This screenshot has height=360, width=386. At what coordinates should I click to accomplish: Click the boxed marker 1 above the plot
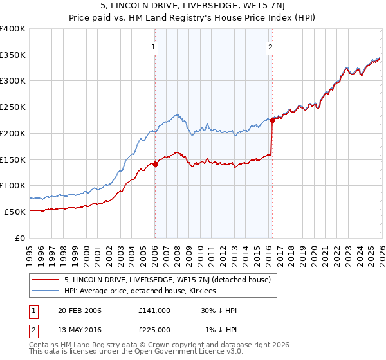(x=154, y=46)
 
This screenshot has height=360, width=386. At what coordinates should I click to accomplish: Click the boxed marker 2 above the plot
(x=271, y=46)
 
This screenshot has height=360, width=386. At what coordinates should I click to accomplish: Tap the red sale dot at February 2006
(x=155, y=164)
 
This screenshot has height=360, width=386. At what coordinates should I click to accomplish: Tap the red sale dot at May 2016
(x=272, y=120)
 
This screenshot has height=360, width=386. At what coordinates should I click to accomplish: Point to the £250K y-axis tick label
(x=13, y=107)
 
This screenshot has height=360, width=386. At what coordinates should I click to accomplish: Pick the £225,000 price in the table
(x=154, y=330)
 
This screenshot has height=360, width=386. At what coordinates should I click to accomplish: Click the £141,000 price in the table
(x=154, y=310)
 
